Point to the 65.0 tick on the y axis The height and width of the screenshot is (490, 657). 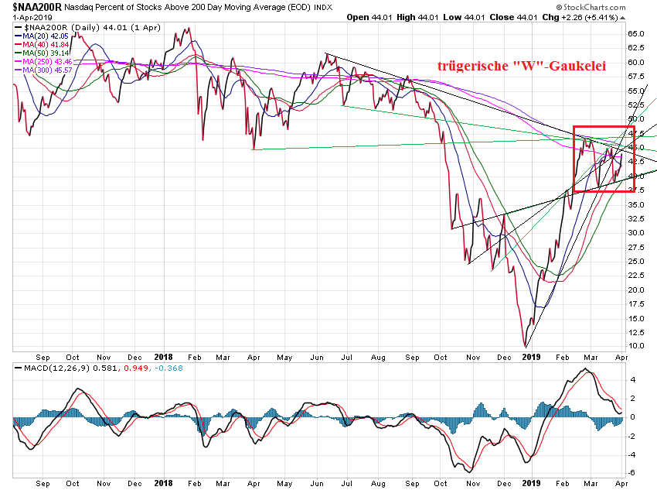coord(635,34)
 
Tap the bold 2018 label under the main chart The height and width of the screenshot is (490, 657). coord(163,356)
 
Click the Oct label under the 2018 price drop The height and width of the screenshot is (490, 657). coord(442,356)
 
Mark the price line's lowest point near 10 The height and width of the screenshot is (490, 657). coord(526,345)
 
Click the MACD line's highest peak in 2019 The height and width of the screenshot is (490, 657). coord(587,370)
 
